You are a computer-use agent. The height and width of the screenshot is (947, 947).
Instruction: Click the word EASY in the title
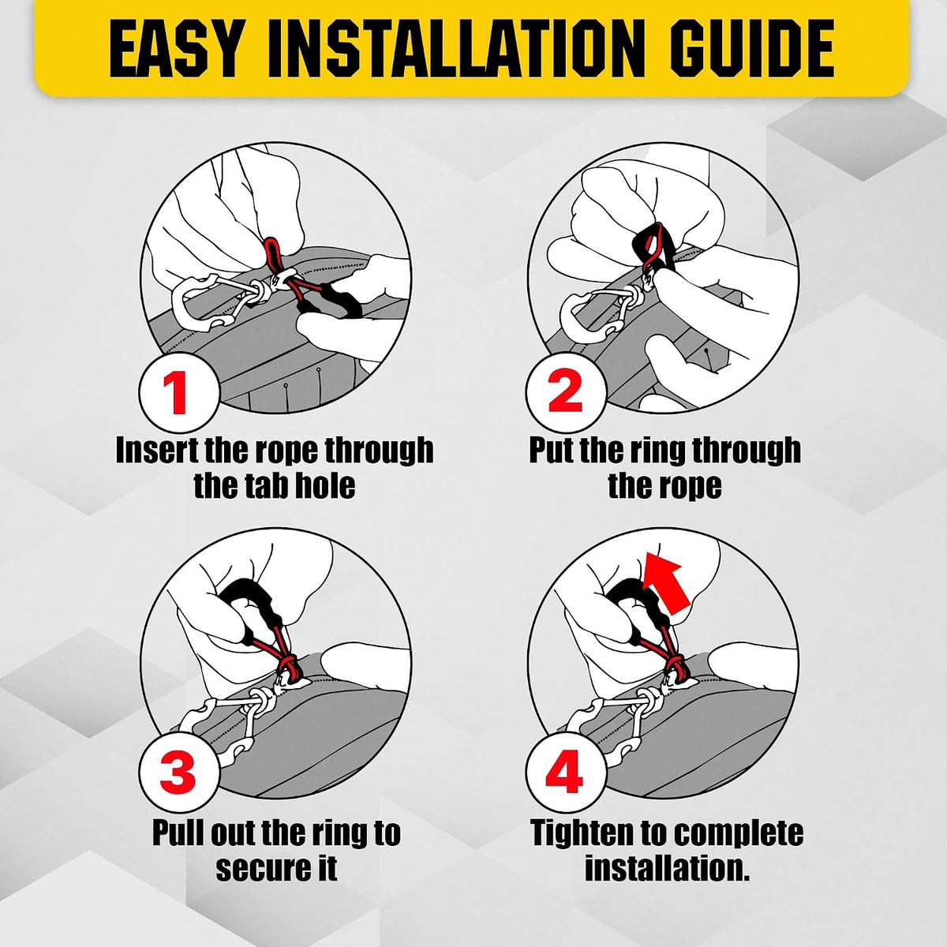pyautogui.click(x=175, y=49)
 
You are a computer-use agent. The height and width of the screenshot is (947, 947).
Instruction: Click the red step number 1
pyautogui.click(x=178, y=392)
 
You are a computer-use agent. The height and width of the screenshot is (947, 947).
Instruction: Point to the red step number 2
pyautogui.click(x=565, y=392)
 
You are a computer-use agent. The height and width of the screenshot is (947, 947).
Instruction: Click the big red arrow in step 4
pyautogui.click(x=668, y=581)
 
